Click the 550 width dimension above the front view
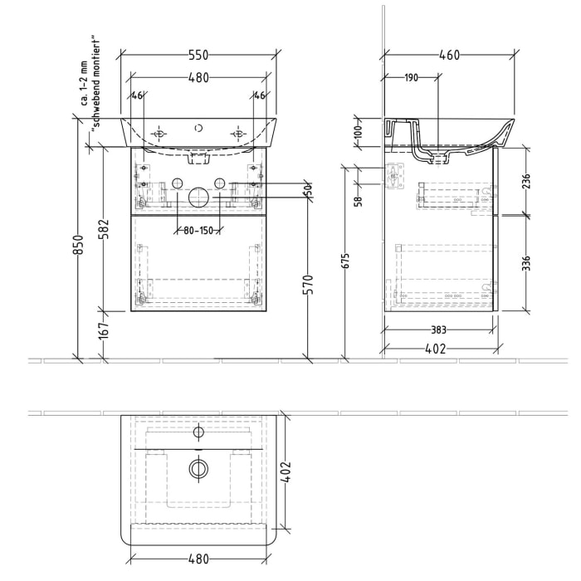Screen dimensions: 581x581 coord(197,55)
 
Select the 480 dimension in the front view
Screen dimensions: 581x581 coord(197,77)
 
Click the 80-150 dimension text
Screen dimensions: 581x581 coord(197,231)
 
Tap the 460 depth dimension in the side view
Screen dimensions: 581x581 coord(448,55)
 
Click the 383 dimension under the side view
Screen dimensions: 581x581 coord(438,330)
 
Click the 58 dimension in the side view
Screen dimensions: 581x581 coord(358,199)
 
